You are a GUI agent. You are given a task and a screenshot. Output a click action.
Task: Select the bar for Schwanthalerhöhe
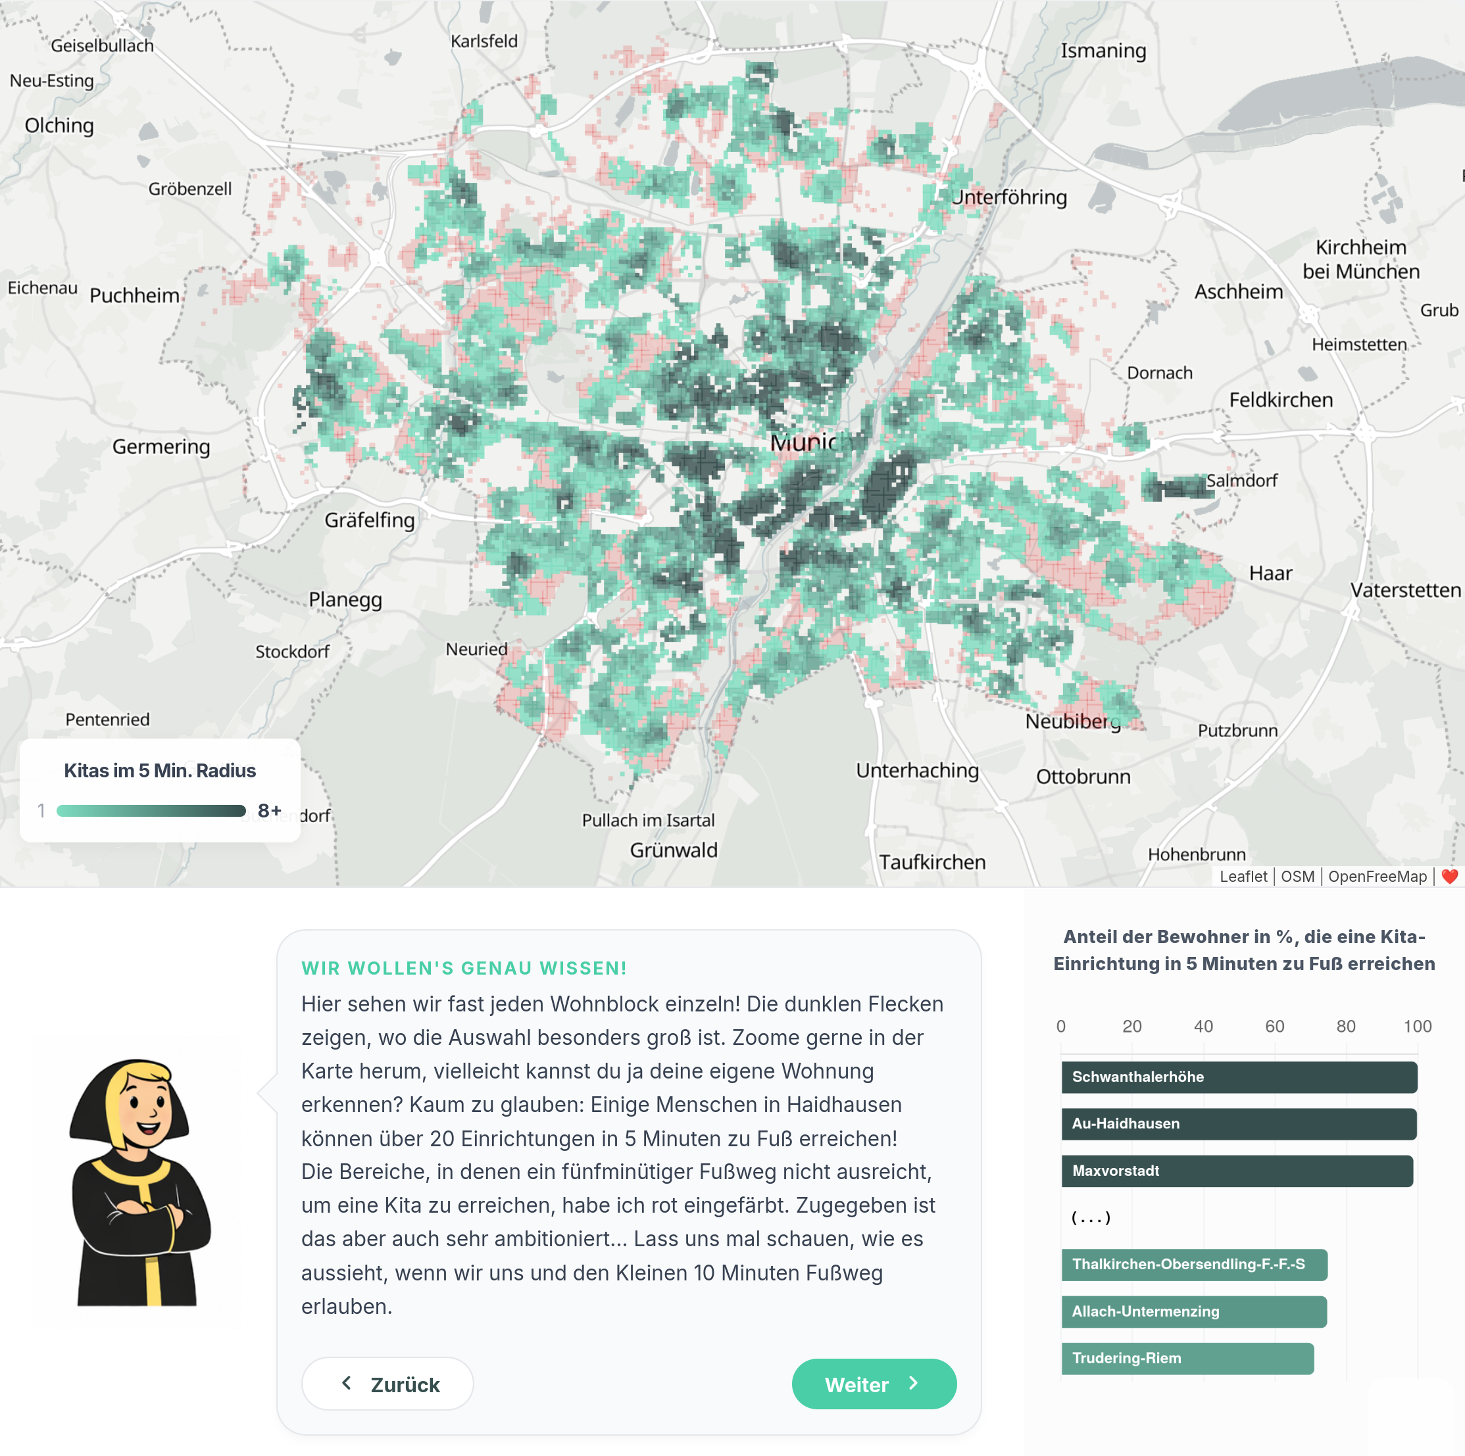tap(1238, 1077)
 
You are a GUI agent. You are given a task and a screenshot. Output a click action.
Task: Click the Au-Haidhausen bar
tap(1238, 1123)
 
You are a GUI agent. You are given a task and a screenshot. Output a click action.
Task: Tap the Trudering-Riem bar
tap(1187, 1357)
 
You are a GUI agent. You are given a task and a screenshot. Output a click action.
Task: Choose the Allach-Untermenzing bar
tap(1193, 1311)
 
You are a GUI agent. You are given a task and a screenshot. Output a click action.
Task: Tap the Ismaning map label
tap(1103, 51)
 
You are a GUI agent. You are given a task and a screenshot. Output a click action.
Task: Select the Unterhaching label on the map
tap(917, 770)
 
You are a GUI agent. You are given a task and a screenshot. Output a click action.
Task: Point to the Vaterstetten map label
tap(1404, 590)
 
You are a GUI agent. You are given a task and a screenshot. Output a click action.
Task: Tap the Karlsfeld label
tap(484, 41)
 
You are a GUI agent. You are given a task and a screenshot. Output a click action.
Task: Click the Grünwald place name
tap(674, 850)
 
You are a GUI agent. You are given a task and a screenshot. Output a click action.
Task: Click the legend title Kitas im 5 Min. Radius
tap(159, 770)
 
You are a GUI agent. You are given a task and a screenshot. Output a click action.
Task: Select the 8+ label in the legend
tap(269, 810)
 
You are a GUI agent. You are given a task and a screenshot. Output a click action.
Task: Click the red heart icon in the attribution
tap(1449, 876)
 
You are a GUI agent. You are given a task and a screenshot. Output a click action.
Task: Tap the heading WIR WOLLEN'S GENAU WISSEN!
tap(463, 967)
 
